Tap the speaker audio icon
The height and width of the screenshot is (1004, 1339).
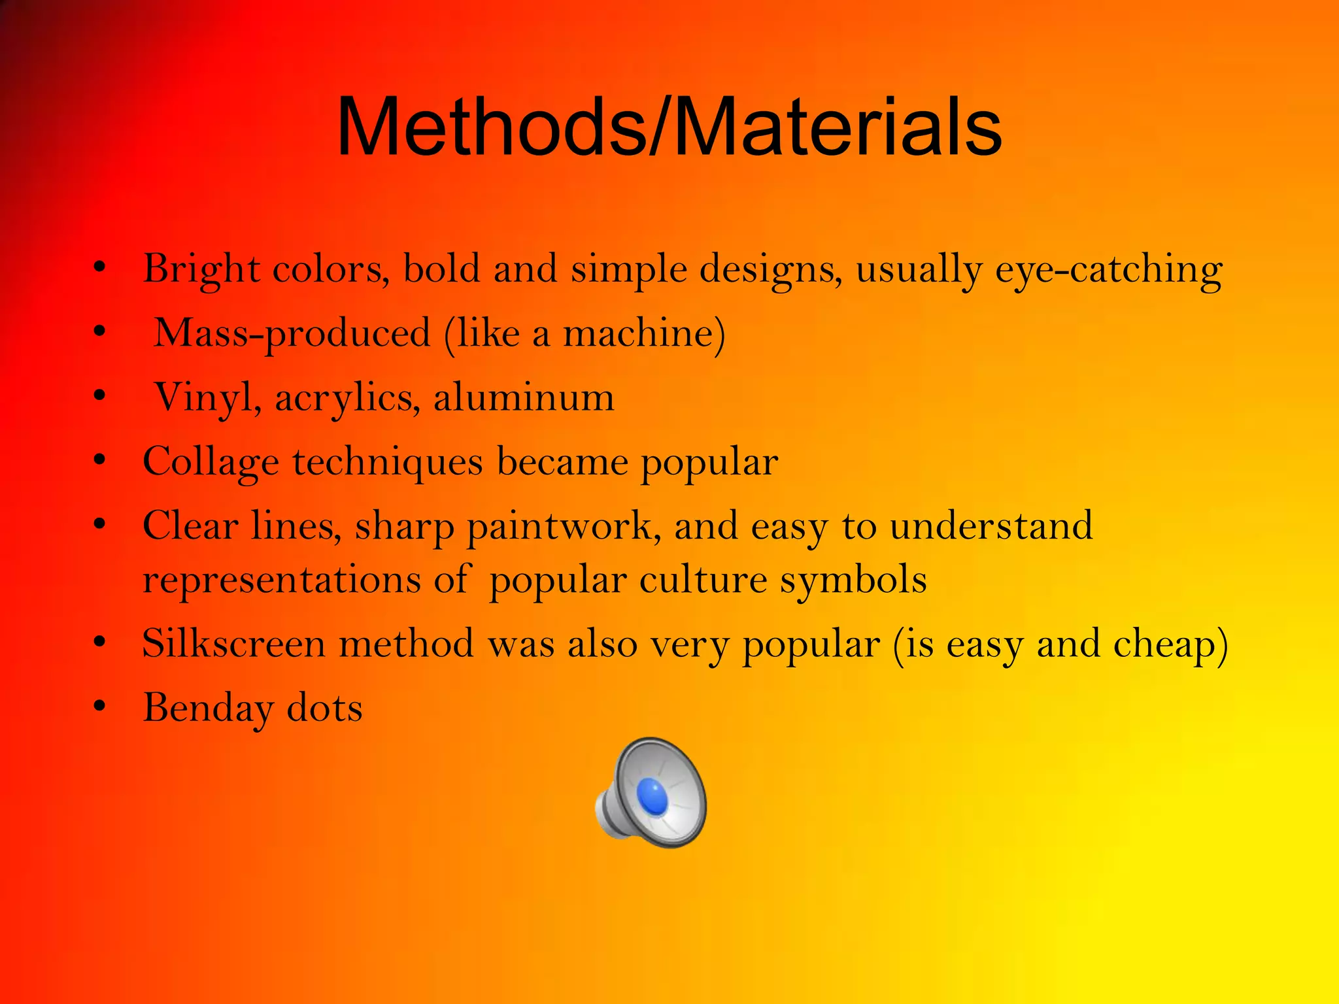tap(651, 792)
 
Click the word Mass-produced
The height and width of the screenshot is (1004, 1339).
tap(292, 333)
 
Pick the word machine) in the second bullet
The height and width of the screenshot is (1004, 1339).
tap(644, 333)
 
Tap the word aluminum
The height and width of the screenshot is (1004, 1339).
tap(524, 397)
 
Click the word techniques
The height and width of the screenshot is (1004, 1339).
tap(388, 461)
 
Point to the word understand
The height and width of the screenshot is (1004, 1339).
tap(991, 525)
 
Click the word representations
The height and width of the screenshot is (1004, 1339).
tap(282, 580)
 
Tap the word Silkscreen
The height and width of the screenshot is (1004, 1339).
tap(233, 644)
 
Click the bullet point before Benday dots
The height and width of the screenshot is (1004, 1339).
tap(99, 707)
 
